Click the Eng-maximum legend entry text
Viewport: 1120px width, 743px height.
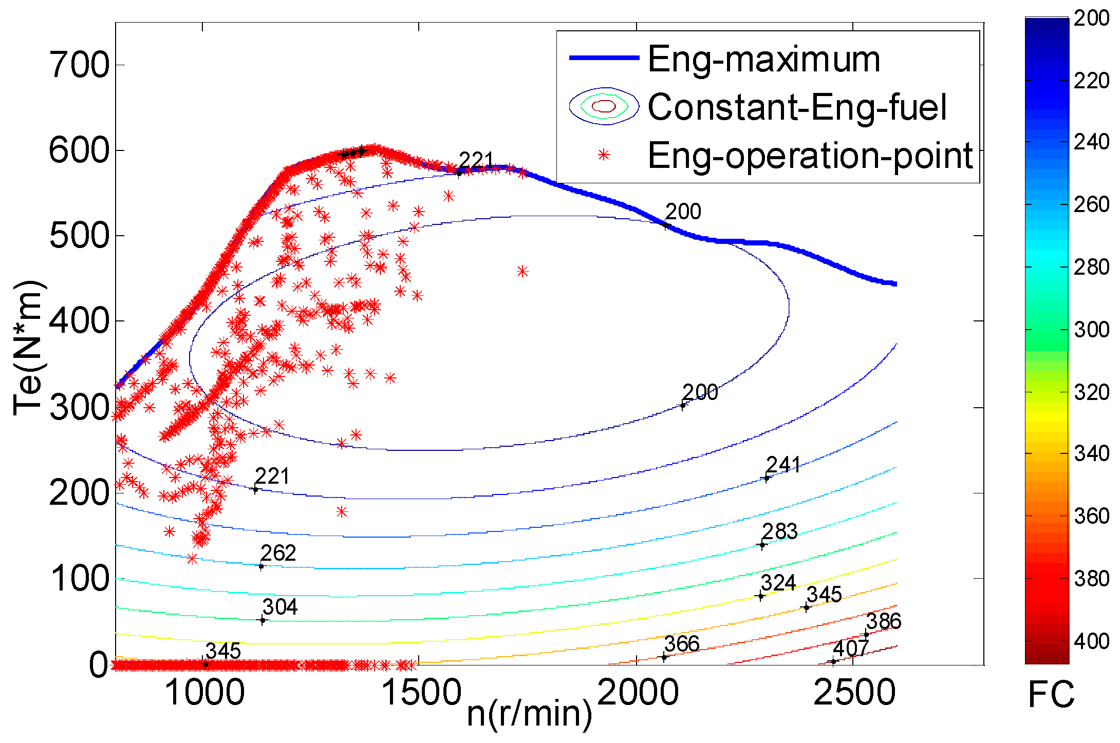coord(764,60)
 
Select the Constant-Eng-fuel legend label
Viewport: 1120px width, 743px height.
coord(797,107)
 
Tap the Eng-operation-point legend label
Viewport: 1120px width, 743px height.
coord(810,156)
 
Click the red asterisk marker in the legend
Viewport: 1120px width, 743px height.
coord(604,155)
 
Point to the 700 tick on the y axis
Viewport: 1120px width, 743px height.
coord(79,65)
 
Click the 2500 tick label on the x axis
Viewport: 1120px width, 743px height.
coord(854,692)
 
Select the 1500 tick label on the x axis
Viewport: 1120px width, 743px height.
coord(421,692)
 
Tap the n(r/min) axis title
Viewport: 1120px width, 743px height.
coord(529,713)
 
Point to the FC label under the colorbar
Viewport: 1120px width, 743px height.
coord(1051,695)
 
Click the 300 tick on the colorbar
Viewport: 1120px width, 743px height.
coord(1091,330)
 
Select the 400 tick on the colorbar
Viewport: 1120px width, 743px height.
coord(1091,641)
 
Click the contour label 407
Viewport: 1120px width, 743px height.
coord(851,648)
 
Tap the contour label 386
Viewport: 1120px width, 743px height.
coord(884,621)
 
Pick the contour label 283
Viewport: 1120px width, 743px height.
coord(779,531)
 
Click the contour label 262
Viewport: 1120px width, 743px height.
coord(278,553)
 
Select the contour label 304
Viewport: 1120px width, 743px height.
coord(280,607)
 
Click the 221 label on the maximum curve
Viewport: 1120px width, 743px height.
coord(476,161)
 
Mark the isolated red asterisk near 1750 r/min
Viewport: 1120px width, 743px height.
coord(522,271)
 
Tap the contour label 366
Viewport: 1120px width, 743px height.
coord(682,644)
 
